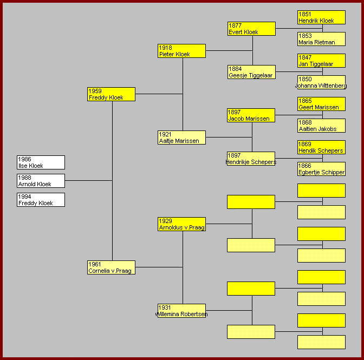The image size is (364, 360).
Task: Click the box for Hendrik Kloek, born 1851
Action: click(x=321, y=17)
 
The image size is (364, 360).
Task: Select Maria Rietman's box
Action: click(x=321, y=39)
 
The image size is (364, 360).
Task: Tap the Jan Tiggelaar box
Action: click(x=321, y=61)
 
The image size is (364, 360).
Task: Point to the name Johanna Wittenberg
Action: click(x=321, y=86)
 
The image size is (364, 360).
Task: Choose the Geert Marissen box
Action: click(x=321, y=104)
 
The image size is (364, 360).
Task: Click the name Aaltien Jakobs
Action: click(x=317, y=129)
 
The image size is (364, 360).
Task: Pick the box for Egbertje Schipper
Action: click(x=321, y=169)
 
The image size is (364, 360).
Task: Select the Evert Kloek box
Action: click(x=251, y=29)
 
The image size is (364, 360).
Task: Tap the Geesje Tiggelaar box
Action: click(x=251, y=72)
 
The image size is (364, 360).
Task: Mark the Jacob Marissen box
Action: click(x=251, y=115)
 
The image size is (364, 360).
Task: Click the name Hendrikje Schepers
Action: click(x=251, y=162)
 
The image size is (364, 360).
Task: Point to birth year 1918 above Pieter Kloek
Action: click(x=165, y=48)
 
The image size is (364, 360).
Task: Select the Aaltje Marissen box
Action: click(x=181, y=138)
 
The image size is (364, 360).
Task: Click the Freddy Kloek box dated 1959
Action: click(x=111, y=94)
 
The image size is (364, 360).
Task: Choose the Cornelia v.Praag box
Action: click(x=111, y=267)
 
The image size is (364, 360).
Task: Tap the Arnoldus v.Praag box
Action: click(x=181, y=224)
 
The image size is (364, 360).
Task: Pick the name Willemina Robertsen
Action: click(x=181, y=314)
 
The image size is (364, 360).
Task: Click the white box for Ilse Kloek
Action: click(x=41, y=162)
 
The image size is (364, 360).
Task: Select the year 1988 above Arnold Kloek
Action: click(x=24, y=178)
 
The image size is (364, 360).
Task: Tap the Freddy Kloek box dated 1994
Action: click(x=41, y=200)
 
